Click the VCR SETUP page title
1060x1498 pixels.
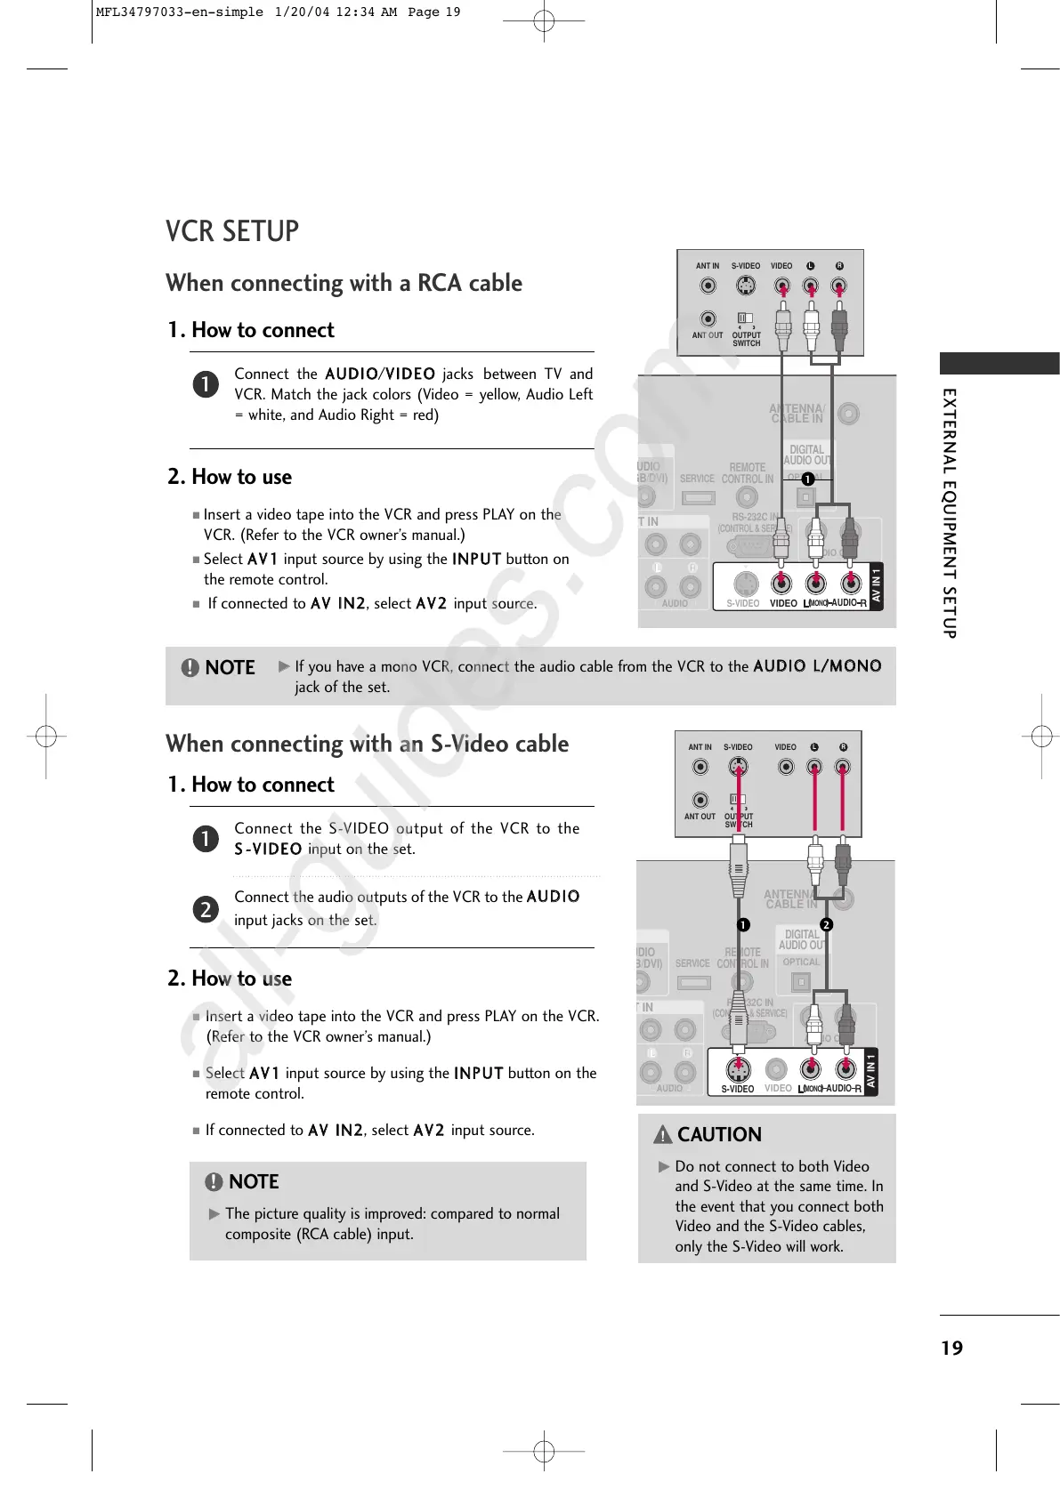[x=232, y=231]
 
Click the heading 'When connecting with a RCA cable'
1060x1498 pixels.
[x=344, y=283]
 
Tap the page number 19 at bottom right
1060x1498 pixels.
[x=951, y=1348]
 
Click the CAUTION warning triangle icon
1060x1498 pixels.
[x=663, y=1134]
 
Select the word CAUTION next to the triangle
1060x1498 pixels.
[x=719, y=1134]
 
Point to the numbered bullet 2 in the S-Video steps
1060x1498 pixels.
[x=206, y=909]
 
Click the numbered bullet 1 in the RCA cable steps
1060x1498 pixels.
[x=206, y=383]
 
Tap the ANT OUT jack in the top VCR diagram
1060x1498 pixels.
[x=708, y=318]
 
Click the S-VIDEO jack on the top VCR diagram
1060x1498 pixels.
[x=746, y=286]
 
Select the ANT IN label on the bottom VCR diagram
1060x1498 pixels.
[x=700, y=747]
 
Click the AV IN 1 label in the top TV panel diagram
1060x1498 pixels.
[x=876, y=584]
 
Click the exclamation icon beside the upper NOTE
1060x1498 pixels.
[x=190, y=668]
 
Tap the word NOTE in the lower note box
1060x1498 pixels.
[x=254, y=1182]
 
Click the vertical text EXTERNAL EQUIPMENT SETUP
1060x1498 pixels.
[x=950, y=512]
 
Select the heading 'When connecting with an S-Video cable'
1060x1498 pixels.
[x=367, y=744]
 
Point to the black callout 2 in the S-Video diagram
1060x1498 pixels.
[x=826, y=924]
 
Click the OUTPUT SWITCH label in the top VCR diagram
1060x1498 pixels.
[x=746, y=339]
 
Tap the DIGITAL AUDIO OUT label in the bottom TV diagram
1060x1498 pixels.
[x=801, y=939]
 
